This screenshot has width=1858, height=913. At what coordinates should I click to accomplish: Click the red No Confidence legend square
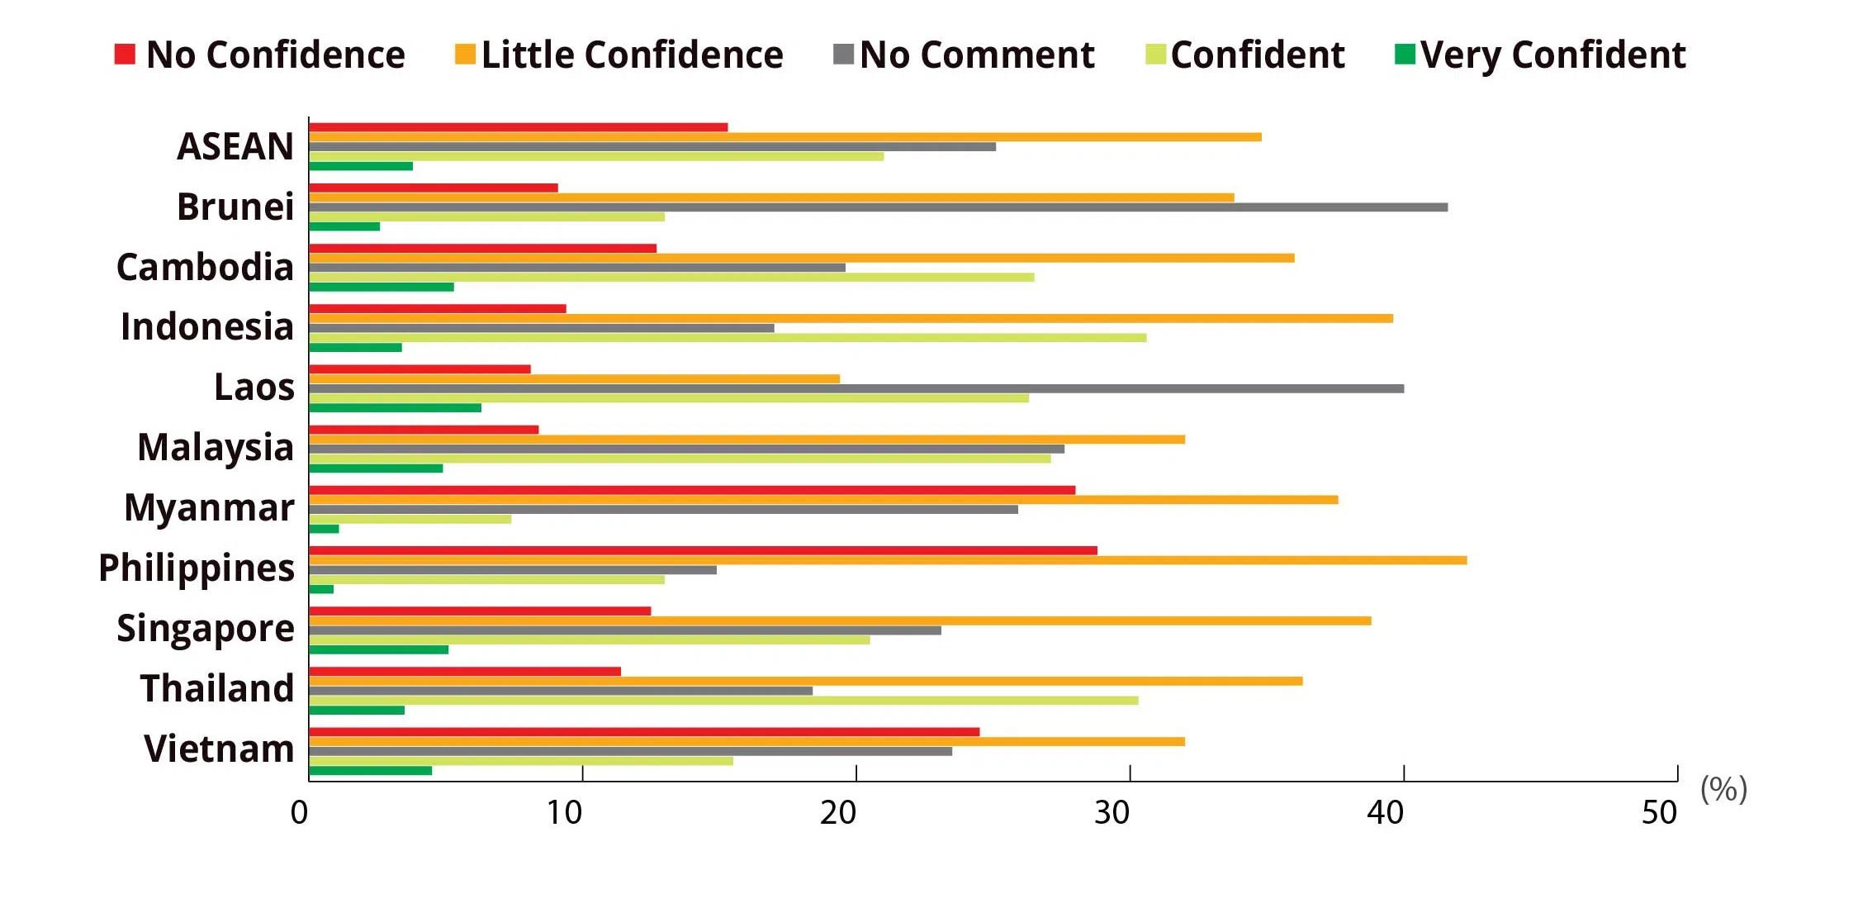tap(124, 55)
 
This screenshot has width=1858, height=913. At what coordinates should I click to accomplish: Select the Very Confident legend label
tap(1552, 55)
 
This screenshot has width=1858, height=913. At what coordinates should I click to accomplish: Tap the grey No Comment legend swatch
tap(843, 55)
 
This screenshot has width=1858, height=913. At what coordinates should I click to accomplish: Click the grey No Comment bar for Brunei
tap(878, 207)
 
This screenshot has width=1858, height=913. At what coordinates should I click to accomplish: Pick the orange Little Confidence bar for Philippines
tap(888, 560)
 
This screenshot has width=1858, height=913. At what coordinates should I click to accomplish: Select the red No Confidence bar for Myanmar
tap(692, 490)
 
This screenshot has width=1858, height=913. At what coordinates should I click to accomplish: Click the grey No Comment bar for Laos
tap(856, 388)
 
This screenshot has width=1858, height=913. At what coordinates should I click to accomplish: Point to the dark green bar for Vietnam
tap(371, 771)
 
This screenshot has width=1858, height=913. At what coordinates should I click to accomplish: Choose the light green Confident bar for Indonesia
tap(728, 338)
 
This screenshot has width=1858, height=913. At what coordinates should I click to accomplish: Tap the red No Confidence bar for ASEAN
tap(519, 127)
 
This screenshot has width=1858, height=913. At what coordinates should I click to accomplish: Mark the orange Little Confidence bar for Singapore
tap(840, 621)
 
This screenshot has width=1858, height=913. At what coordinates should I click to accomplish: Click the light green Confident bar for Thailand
tap(723, 701)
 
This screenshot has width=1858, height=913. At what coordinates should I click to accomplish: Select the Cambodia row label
tap(205, 267)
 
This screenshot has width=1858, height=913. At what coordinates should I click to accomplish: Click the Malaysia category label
tap(215, 447)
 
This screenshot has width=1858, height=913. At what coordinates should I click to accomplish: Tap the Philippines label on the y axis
tap(196, 568)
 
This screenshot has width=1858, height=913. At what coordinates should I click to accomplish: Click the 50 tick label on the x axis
tap(1658, 813)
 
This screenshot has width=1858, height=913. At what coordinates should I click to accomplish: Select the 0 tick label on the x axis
tap(299, 813)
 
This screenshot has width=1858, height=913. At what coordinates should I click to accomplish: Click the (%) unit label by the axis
tap(1723, 789)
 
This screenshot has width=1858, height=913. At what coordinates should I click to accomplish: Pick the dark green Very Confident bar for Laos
tap(395, 408)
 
